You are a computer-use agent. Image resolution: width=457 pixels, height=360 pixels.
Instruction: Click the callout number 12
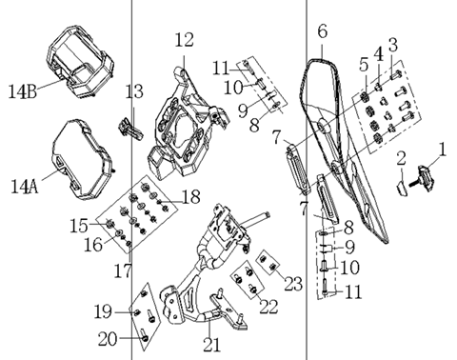pyautogui.click(x=184, y=40)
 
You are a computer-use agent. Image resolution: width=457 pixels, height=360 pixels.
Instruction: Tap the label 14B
pyautogui.click(x=22, y=91)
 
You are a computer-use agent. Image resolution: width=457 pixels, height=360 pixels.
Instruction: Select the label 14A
pyautogui.click(x=25, y=187)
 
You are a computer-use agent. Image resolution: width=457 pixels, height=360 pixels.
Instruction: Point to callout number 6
pyautogui.click(x=322, y=31)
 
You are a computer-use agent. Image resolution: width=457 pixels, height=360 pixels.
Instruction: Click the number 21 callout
pyautogui.click(x=211, y=345)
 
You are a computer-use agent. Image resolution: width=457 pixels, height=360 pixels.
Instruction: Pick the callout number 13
pyautogui.click(x=134, y=91)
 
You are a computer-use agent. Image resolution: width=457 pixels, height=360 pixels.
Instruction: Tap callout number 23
pyautogui.click(x=293, y=283)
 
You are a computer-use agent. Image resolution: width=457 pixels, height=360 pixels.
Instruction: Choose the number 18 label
pyautogui.click(x=191, y=197)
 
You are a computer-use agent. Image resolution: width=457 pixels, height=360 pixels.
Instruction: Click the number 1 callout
pyautogui.click(x=442, y=150)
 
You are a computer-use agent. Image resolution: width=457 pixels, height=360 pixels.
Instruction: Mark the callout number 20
pyautogui.click(x=108, y=339)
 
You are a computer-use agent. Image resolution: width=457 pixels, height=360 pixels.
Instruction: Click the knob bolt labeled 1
pyautogui.click(x=422, y=178)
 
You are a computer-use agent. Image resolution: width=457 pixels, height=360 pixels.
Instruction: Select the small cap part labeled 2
pyautogui.click(x=403, y=188)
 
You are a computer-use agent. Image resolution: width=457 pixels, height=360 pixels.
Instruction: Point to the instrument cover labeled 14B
pyautogui.click(x=80, y=61)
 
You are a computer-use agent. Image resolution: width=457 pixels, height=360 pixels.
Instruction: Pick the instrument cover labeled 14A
pyautogui.click(x=82, y=159)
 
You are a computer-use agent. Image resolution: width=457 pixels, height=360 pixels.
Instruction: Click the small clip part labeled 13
pyautogui.click(x=130, y=130)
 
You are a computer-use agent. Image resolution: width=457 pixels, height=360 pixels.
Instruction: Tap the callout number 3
pyautogui.click(x=393, y=45)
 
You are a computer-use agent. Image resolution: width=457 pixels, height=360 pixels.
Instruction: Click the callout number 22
pyautogui.click(x=268, y=307)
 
